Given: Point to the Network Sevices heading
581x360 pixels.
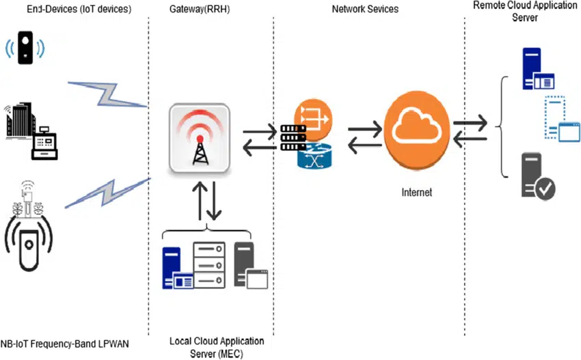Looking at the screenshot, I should point(365,9).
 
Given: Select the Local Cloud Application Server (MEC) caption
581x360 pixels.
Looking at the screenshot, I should point(216,347).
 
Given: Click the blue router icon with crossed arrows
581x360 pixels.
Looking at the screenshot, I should point(313,156).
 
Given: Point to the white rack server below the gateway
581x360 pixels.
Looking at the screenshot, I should point(208,265).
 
